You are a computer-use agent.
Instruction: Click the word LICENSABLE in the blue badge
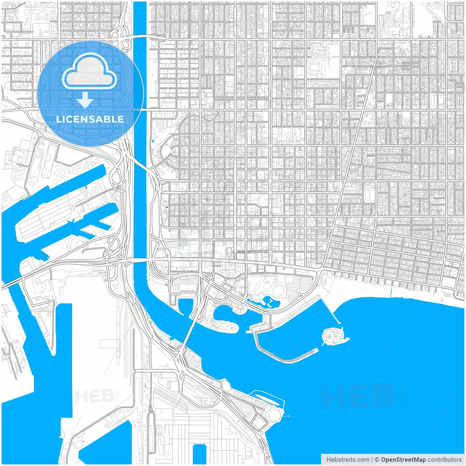click(x=90, y=119)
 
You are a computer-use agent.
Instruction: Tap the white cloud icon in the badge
click(x=90, y=73)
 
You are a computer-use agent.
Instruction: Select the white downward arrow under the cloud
click(x=85, y=100)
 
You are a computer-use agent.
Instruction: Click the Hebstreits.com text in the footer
click(x=348, y=460)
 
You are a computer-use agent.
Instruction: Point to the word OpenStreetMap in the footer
click(x=403, y=460)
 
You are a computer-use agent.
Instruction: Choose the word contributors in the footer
click(x=445, y=460)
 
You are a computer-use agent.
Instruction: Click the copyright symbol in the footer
click(x=377, y=460)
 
